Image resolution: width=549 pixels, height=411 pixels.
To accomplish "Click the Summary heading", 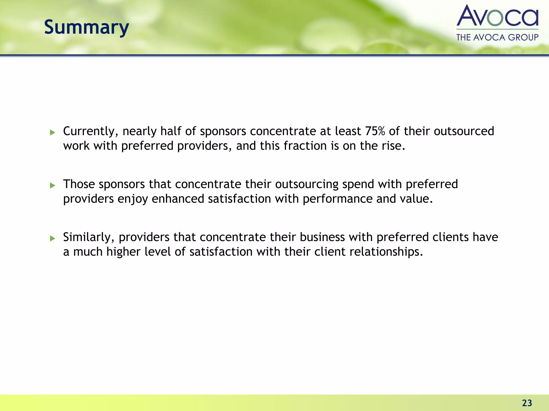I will click(86, 28).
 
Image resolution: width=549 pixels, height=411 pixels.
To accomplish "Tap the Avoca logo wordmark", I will click(497, 16).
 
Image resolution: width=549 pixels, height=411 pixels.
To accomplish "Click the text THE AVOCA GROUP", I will click(497, 37).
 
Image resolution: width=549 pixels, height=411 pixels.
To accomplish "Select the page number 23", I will click(527, 403).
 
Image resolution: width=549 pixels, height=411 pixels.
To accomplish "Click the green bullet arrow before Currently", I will click(53, 132).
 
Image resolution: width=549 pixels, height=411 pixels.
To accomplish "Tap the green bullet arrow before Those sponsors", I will click(53, 185).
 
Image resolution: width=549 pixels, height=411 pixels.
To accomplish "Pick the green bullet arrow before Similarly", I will click(53, 238).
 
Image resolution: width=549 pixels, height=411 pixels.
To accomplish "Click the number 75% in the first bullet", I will click(375, 131).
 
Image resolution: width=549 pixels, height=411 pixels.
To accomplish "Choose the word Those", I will click(79, 184).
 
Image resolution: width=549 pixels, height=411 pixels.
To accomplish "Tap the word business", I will click(322, 237).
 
